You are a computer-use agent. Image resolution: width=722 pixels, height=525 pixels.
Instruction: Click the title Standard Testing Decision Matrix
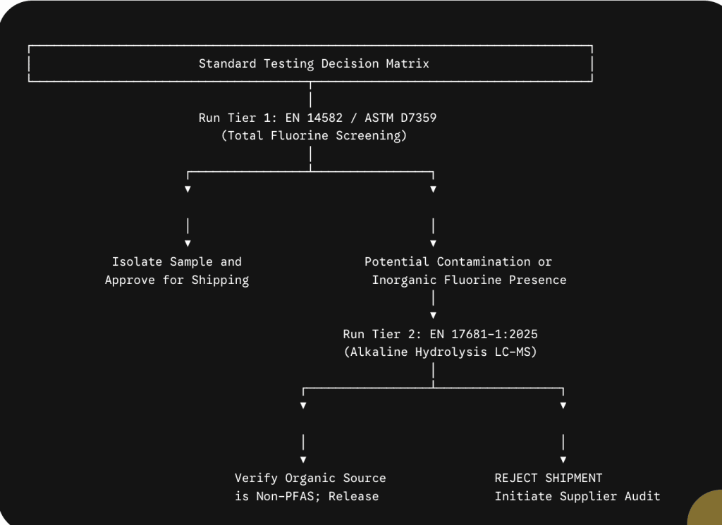pyautogui.click(x=314, y=63)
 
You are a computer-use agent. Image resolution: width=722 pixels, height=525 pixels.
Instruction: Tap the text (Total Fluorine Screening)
pyautogui.click(x=314, y=136)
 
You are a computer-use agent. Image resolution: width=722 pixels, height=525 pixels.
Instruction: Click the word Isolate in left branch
pyautogui.click(x=137, y=262)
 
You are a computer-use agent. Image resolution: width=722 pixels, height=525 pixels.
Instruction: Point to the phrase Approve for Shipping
pyautogui.click(x=177, y=280)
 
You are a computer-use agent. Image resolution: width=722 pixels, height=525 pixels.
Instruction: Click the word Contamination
pyautogui.click(x=484, y=262)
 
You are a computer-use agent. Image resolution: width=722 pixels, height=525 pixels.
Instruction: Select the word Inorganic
pyautogui.click(x=404, y=280)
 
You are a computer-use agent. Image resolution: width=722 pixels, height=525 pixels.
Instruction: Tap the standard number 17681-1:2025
pyautogui.click(x=494, y=334)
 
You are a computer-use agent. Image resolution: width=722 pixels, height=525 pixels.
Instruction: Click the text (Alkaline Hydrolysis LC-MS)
pyautogui.click(x=440, y=352)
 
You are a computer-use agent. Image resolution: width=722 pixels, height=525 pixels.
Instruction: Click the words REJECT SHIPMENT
pyautogui.click(x=549, y=478)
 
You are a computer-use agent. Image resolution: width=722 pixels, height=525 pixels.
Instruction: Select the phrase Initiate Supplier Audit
pyautogui.click(x=577, y=497)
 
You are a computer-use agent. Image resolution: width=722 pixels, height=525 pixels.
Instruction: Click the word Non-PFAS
pyautogui.click(x=285, y=497)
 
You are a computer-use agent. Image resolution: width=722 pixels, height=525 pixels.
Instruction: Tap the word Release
pyautogui.click(x=354, y=497)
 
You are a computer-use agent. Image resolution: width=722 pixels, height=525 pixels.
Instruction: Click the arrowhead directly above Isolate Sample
pyautogui.click(x=188, y=243)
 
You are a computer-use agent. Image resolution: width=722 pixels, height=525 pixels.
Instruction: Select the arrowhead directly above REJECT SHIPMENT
pyautogui.click(x=563, y=459)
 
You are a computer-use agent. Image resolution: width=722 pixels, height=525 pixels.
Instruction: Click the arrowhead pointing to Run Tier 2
pyautogui.click(x=433, y=316)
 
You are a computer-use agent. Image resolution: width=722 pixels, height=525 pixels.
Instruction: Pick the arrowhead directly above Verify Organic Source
pyautogui.click(x=303, y=459)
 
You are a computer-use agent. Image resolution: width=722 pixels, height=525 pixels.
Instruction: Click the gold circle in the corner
pyautogui.click(x=706, y=509)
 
